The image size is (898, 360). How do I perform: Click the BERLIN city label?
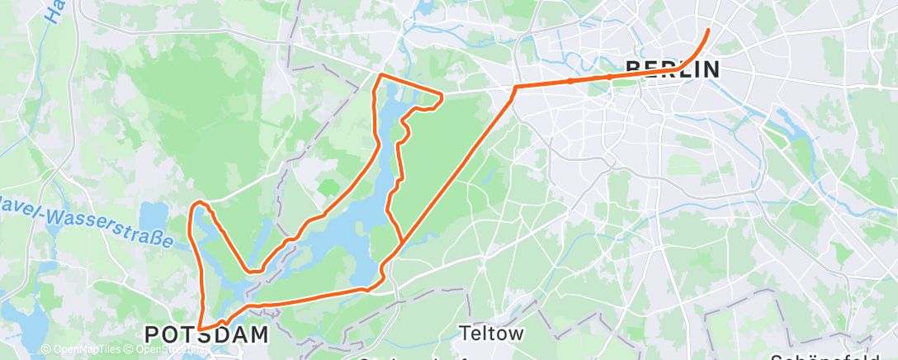(x=672, y=69)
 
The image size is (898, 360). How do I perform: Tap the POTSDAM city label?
(x=206, y=334)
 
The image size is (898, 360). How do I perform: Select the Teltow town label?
(x=493, y=333)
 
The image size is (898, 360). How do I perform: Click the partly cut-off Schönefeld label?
(x=834, y=357)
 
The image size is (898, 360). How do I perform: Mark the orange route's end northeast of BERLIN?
(x=708, y=31)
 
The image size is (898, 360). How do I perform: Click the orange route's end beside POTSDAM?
(x=200, y=328)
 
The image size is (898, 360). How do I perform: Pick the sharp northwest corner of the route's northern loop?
(x=380, y=75)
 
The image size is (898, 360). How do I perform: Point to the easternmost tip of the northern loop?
(x=442, y=97)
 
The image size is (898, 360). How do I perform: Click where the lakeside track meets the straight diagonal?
(x=402, y=242)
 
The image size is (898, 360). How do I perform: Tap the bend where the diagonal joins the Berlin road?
(x=515, y=87)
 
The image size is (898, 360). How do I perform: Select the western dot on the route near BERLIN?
(x=570, y=81)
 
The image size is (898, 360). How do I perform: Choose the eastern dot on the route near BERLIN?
(x=609, y=77)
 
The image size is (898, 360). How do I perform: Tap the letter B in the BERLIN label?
(x=633, y=69)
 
